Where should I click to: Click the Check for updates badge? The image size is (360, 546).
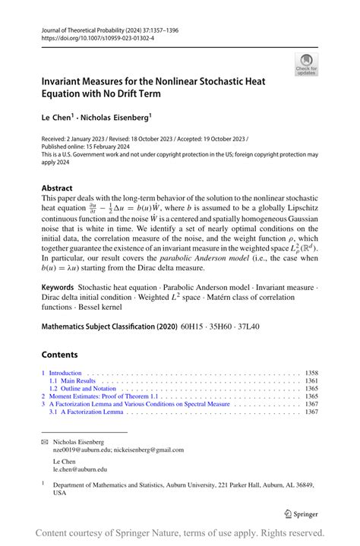[307, 64]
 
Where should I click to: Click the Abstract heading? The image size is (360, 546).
[58, 188]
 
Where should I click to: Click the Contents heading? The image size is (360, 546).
[60, 355]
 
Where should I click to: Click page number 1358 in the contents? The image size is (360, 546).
[311, 374]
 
